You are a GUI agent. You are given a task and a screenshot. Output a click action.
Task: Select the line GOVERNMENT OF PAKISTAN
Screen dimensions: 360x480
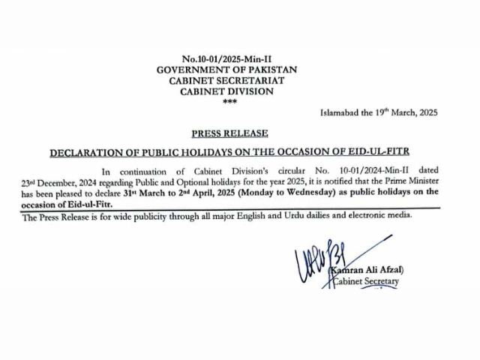(x=227, y=69)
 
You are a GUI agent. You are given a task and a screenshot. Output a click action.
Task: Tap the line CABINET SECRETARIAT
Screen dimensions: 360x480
(x=228, y=80)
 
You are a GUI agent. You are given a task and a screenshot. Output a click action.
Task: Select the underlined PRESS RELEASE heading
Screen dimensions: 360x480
(x=229, y=133)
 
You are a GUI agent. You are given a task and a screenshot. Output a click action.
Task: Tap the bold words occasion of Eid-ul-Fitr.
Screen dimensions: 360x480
(x=62, y=204)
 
